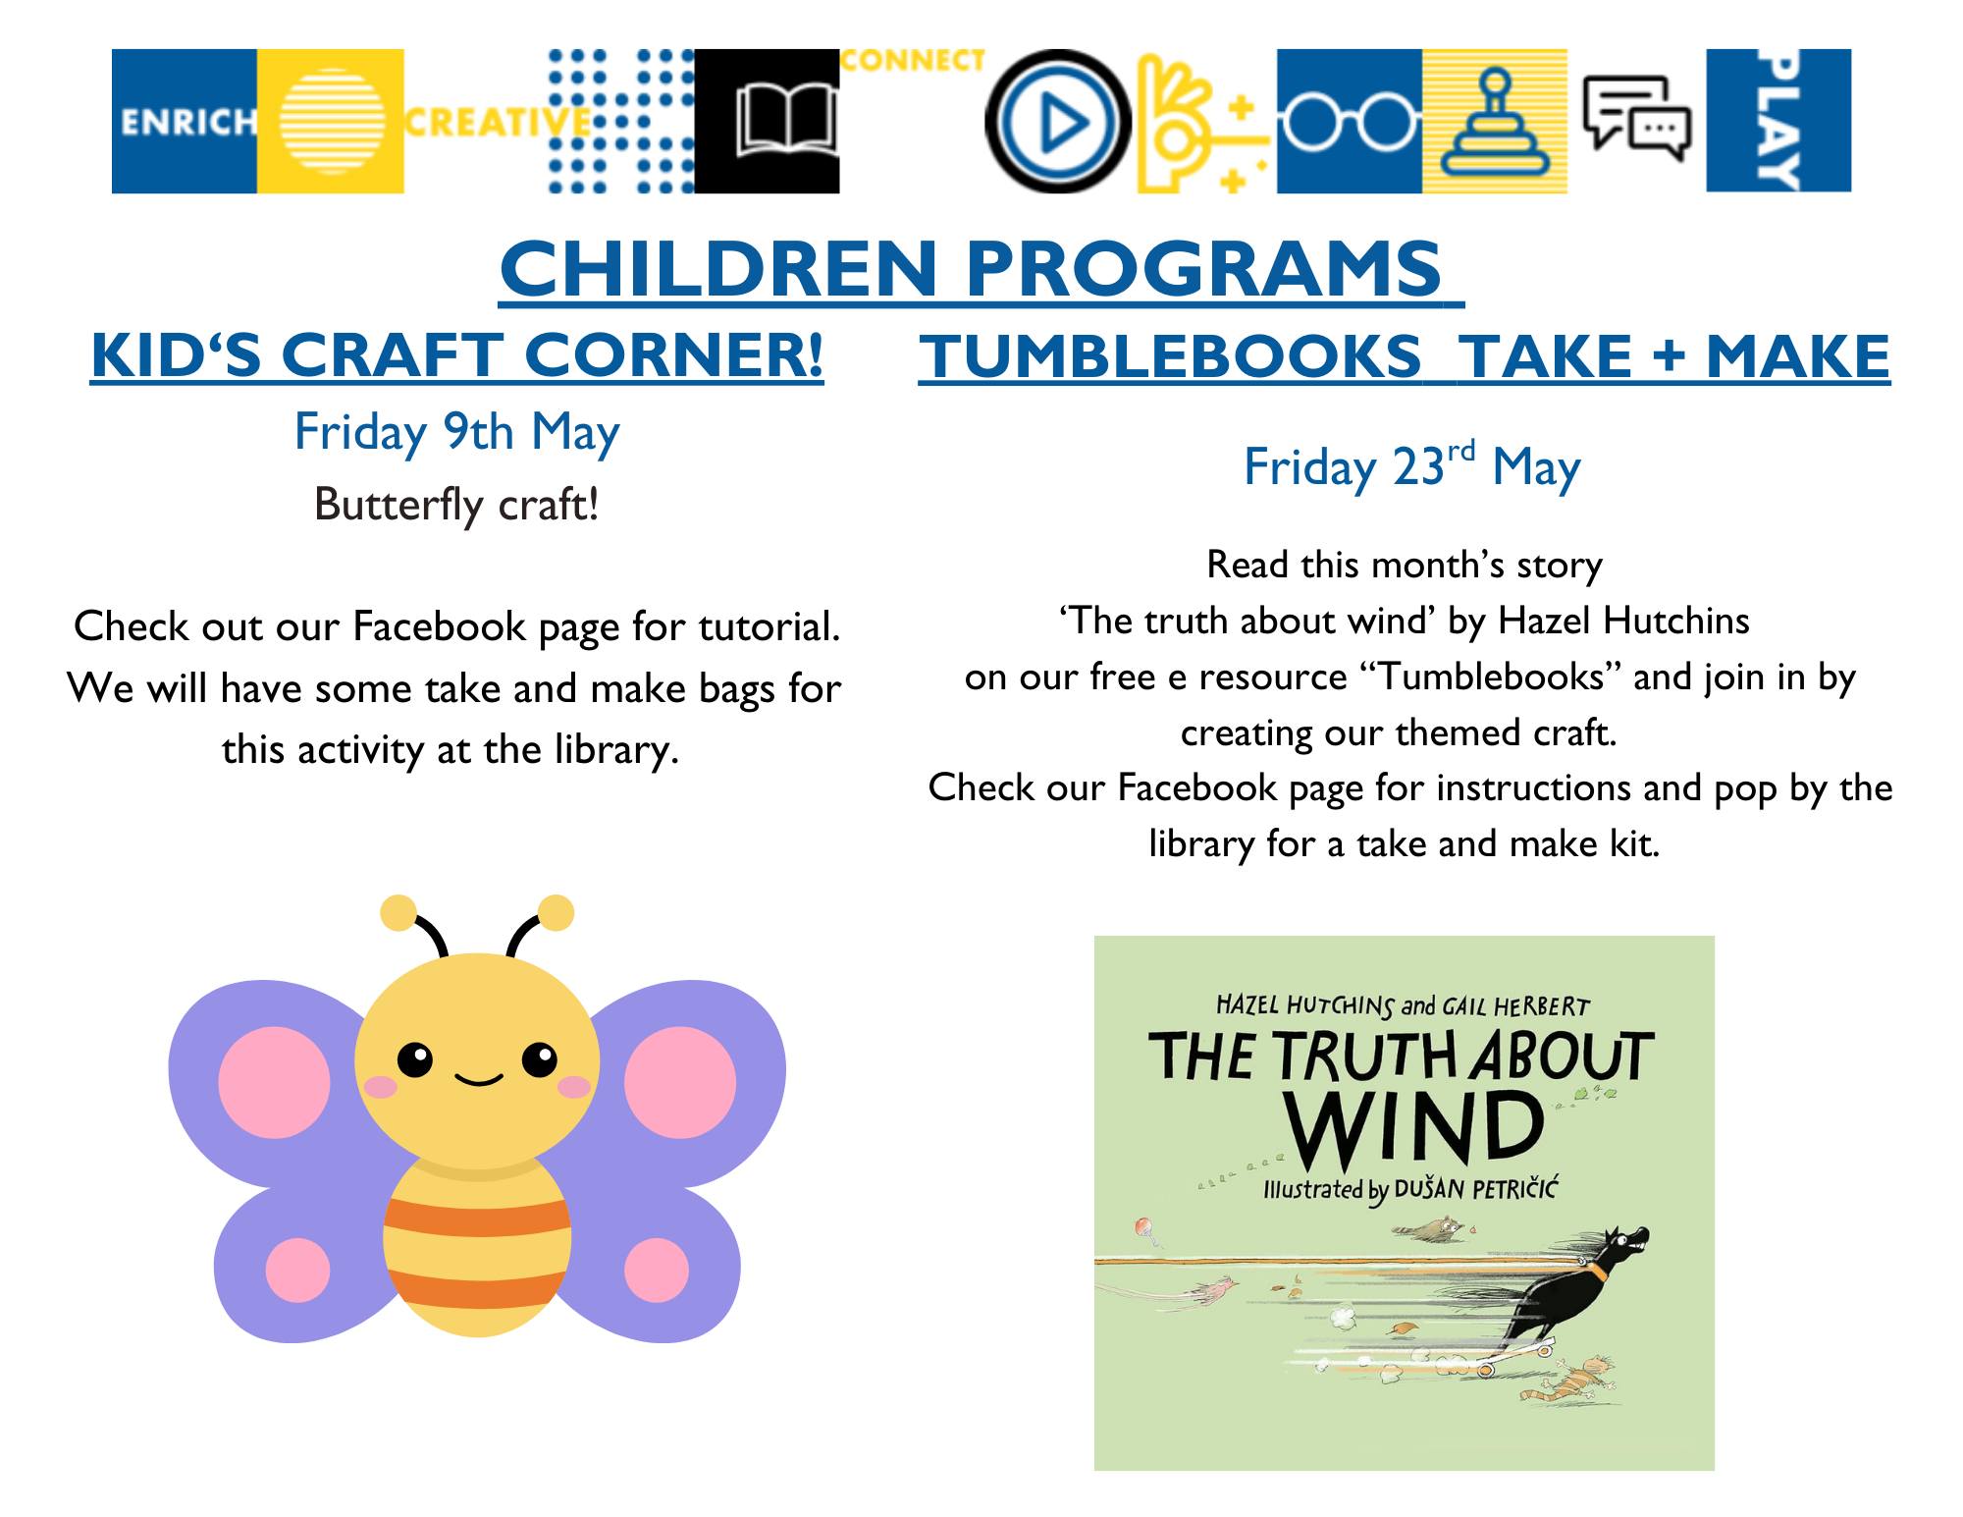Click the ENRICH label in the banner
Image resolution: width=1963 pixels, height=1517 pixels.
(187, 122)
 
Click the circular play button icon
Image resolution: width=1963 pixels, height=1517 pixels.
(1057, 121)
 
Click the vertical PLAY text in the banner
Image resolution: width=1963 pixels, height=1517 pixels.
(1778, 121)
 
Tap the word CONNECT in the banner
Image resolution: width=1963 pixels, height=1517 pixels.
(913, 61)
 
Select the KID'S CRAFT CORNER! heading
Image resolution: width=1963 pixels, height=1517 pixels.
(457, 354)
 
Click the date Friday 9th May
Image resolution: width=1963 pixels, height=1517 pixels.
(457, 433)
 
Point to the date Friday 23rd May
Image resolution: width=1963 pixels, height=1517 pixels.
(1412, 466)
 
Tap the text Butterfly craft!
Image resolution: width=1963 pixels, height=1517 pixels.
(456, 505)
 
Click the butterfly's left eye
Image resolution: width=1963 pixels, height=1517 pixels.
(415, 1060)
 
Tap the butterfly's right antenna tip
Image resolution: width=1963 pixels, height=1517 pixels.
(557, 913)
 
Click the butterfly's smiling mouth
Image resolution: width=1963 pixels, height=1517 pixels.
(479, 1080)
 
